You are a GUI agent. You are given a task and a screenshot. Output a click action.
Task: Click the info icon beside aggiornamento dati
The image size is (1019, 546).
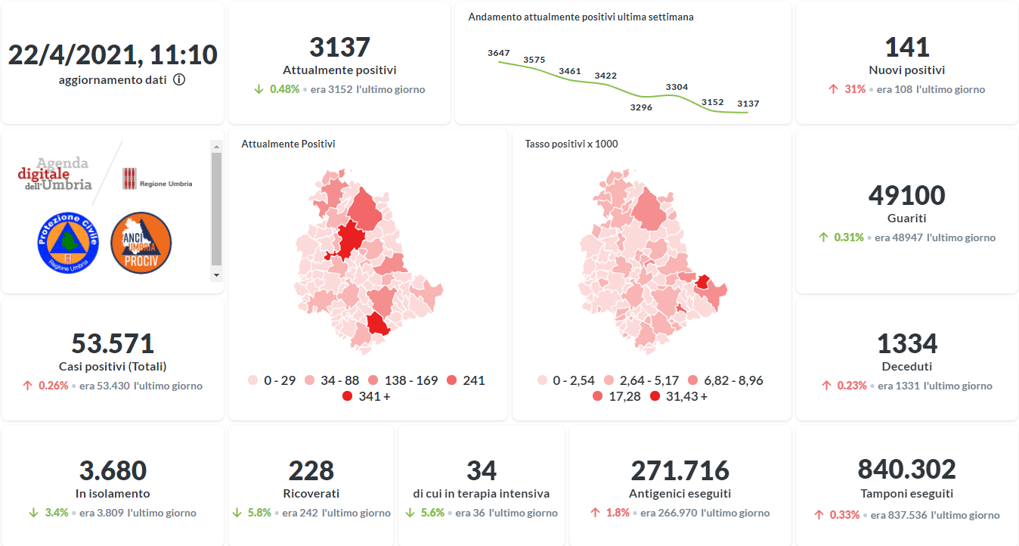[x=179, y=79]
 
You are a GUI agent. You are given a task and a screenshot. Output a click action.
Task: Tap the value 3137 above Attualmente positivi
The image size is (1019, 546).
[x=339, y=47]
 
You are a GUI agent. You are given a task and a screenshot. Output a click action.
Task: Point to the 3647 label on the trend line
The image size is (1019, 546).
[x=499, y=53]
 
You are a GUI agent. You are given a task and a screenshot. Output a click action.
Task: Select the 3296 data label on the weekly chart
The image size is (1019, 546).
[x=641, y=107]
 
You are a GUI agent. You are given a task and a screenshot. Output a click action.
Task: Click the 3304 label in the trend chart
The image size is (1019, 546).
[x=677, y=87]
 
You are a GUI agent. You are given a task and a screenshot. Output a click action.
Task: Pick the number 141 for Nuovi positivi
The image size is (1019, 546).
[x=906, y=47]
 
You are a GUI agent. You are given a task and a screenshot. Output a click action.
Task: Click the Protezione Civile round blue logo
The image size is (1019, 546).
[x=68, y=242]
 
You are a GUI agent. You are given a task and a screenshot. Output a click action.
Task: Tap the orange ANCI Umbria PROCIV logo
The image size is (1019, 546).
[x=141, y=242]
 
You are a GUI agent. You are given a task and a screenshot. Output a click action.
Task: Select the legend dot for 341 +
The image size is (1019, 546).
[x=348, y=396]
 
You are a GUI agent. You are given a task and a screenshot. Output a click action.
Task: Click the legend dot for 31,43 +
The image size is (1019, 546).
[x=655, y=396]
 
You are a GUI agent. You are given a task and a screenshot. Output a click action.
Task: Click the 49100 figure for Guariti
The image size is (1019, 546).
[x=906, y=195]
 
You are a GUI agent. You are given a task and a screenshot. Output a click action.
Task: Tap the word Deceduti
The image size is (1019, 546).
[x=906, y=367]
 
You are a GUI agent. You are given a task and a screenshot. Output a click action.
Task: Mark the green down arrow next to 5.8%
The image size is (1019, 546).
[x=237, y=513]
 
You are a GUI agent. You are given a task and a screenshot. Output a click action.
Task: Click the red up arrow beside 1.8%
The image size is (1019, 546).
[x=596, y=513]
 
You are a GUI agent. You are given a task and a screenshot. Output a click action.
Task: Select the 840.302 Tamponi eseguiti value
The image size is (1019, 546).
[x=906, y=469]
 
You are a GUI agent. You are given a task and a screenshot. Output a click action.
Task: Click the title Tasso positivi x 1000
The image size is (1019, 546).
[x=571, y=144]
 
